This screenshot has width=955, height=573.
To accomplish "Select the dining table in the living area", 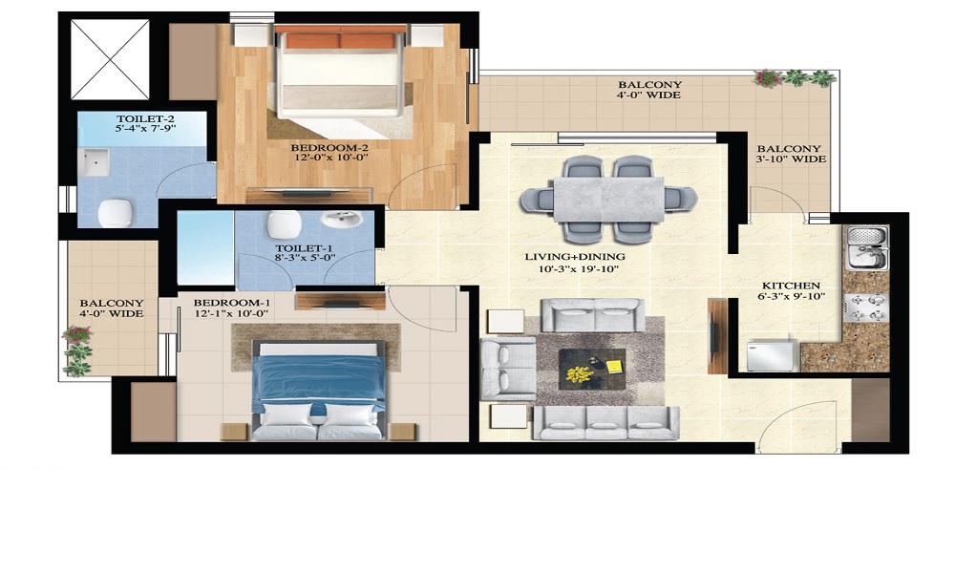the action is (608, 200).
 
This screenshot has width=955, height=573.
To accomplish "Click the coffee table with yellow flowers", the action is (592, 369).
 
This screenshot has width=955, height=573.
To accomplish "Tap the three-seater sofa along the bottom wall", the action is (606, 423).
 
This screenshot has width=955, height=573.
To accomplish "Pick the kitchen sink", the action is (867, 248).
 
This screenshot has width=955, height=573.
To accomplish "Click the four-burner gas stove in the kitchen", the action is (867, 308).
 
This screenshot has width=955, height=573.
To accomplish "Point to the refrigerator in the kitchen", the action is (772, 355).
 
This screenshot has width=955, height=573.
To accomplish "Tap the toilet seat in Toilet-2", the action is (116, 213).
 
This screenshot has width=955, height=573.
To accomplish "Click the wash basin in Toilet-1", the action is (342, 220).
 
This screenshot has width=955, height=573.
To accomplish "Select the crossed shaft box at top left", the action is (110, 59).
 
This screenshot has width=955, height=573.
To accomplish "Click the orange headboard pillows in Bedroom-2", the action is (341, 41).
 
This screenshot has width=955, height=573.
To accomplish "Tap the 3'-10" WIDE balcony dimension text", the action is (791, 159).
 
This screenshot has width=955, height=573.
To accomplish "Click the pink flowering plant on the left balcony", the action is (76, 335).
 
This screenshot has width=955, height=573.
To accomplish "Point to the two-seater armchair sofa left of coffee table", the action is (508, 369).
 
